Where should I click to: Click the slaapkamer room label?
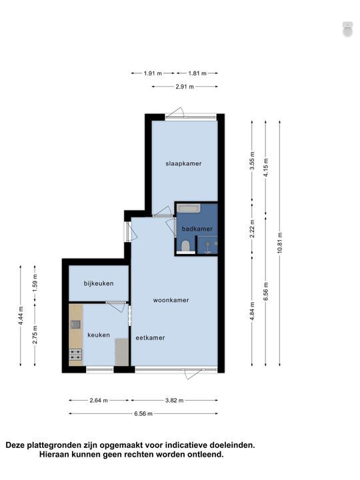pos(183,163)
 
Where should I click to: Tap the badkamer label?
pos(197,229)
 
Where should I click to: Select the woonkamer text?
pos(171,300)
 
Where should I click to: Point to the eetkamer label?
pos(151,337)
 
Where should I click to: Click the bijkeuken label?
pos(98,283)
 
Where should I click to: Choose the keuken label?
pos(97,335)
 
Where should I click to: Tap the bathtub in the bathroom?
pos(189,209)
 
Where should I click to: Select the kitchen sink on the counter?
pos(75,324)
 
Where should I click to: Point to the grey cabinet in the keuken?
pos(121,351)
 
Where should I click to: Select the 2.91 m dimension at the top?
pos(184,87)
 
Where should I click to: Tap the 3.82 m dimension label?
pos(173,401)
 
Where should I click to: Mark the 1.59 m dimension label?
pos(35,281)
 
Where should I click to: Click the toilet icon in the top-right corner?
pos(347,29)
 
